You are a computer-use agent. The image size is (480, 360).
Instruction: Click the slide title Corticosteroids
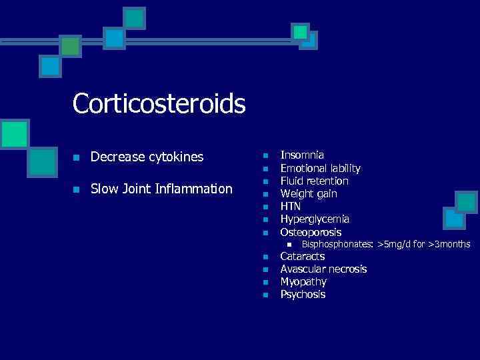pos(159,103)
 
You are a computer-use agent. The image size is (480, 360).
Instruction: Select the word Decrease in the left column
pos(115,157)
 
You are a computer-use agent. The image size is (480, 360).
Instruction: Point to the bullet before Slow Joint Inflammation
pos(77,190)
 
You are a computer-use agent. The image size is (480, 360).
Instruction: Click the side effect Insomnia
pos(302,155)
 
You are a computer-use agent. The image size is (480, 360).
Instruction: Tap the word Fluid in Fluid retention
pos(291,181)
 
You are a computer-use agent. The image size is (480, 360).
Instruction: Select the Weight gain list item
pos(309,193)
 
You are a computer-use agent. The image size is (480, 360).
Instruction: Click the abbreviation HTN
pos(291,206)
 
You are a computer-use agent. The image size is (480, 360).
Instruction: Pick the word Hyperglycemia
pos(315,219)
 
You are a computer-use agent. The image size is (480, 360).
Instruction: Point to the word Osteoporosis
pos(311,232)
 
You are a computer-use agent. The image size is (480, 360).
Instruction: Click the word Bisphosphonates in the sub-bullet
pos(337,245)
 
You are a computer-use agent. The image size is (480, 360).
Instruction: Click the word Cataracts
pos(303,256)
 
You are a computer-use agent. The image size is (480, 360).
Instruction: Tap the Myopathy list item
pos(303,281)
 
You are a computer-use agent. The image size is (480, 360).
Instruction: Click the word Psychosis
pos(303,294)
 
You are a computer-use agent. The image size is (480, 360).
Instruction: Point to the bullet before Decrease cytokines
pos(77,158)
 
